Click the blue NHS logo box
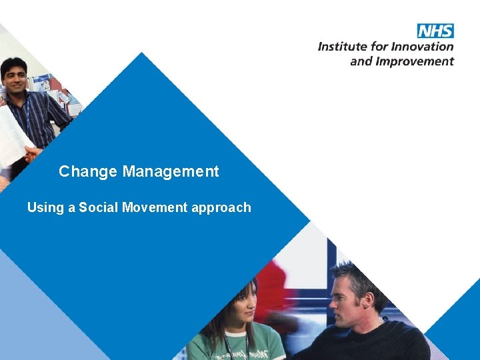point(435,31)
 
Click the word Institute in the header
point(341,47)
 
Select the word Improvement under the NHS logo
point(415,61)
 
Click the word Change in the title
point(79,171)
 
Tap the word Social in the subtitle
point(99,207)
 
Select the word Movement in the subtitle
point(155,207)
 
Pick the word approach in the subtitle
point(221,207)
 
